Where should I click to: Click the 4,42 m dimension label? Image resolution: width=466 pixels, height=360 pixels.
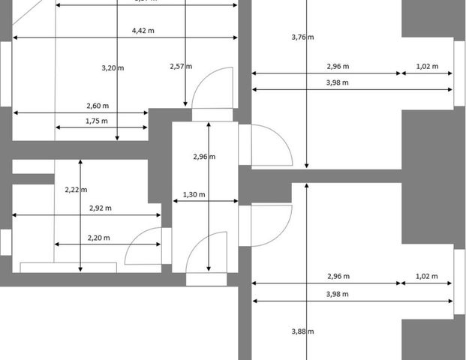(143, 31)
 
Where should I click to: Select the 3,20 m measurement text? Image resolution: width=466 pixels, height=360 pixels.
(113, 67)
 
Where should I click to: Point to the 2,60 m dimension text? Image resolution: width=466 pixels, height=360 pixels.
(97, 106)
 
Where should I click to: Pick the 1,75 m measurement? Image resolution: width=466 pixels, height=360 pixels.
(97, 121)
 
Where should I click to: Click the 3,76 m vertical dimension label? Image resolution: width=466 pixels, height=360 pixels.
(302, 36)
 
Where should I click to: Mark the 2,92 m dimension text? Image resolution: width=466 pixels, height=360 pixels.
(100, 208)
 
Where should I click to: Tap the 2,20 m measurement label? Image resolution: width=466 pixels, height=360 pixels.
(98, 238)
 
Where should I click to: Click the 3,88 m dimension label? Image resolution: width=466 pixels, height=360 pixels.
(302, 331)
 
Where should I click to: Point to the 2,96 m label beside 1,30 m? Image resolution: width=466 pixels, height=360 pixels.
(204, 157)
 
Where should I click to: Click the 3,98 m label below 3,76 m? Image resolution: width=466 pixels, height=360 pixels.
(337, 82)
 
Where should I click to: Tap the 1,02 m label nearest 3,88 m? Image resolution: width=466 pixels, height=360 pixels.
(427, 276)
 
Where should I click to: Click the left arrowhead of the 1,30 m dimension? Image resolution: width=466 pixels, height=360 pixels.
(175, 201)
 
